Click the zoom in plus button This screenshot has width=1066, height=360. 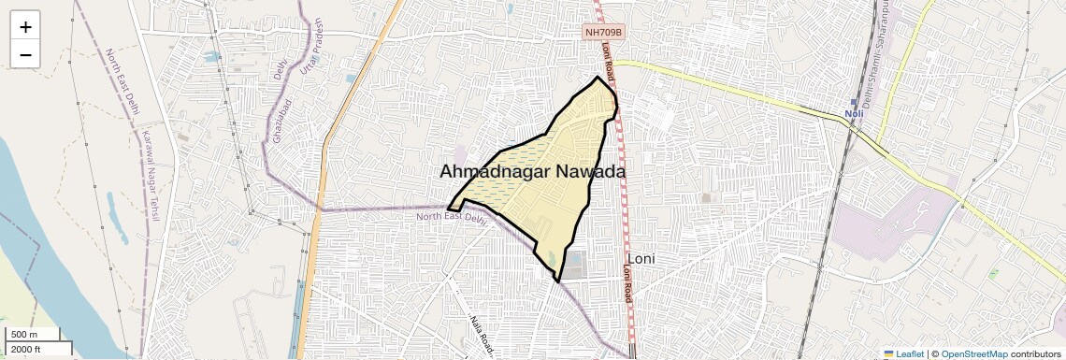[25, 27]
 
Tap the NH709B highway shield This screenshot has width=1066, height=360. [603, 32]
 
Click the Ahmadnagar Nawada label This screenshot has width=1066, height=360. [532, 172]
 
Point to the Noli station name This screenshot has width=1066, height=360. [853, 114]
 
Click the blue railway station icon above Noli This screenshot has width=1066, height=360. [853, 102]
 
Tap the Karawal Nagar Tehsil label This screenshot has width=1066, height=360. [151, 177]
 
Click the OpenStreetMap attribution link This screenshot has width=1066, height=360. [973, 353]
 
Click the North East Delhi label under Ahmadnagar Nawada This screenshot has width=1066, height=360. [453, 217]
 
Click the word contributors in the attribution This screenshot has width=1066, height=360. [1035, 353]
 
